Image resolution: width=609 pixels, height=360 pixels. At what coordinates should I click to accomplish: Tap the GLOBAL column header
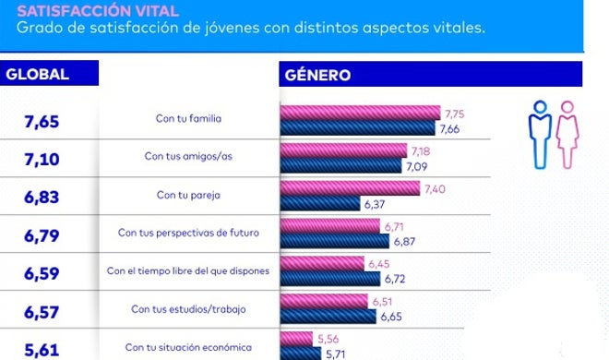(x=38, y=75)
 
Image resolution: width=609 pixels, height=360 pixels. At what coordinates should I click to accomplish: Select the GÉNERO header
(x=317, y=75)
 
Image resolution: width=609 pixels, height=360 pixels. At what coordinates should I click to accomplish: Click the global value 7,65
(x=42, y=121)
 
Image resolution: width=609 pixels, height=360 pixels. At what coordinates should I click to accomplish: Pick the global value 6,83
(x=42, y=197)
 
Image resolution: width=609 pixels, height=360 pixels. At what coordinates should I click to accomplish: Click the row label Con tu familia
(x=189, y=119)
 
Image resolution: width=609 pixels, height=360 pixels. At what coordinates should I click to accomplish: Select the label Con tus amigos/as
(x=189, y=157)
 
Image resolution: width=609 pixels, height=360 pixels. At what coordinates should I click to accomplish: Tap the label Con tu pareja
(x=189, y=195)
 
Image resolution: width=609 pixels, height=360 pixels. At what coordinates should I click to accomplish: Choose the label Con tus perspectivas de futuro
(x=189, y=233)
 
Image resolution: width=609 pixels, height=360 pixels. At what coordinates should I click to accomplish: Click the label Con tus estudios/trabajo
(x=189, y=308)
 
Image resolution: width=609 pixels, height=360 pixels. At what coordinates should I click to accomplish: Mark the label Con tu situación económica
(x=189, y=347)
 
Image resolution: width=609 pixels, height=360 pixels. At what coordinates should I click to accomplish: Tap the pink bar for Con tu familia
(x=360, y=113)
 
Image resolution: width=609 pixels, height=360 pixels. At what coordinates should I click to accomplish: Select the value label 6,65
(x=392, y=317)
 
